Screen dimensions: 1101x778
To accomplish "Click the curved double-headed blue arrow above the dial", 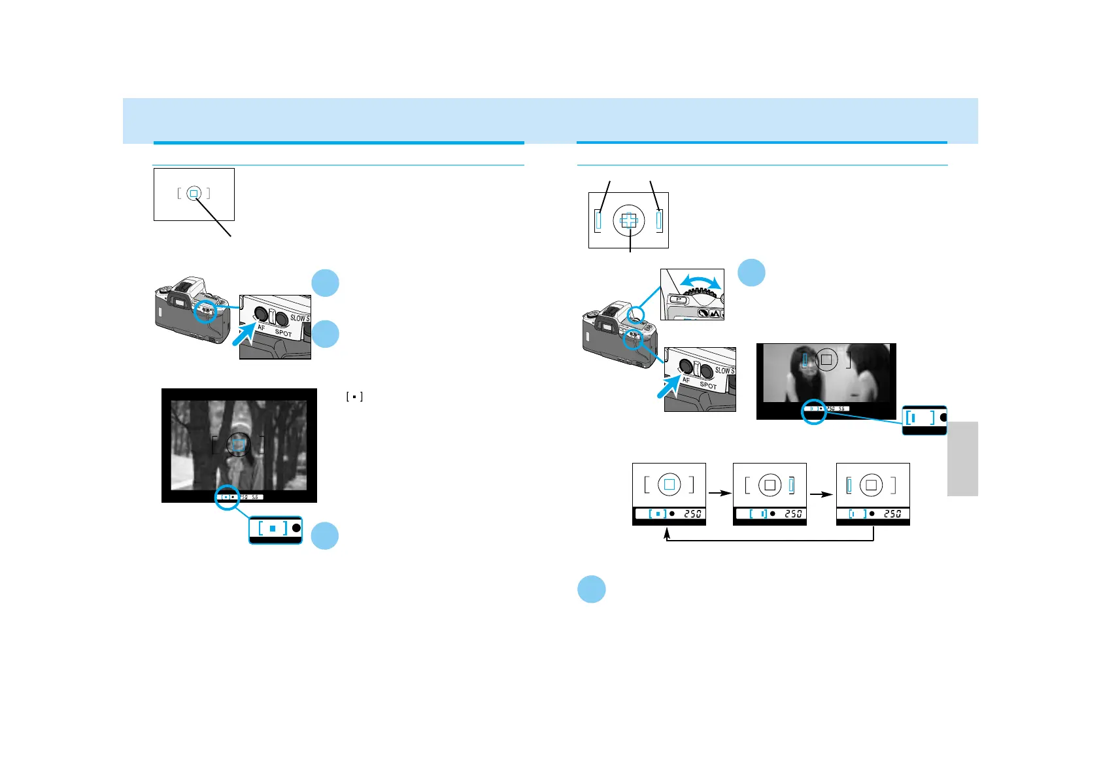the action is point(700,280).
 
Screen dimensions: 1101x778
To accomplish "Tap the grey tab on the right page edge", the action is point(962,458).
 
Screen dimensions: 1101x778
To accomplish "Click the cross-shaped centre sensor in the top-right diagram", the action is point(628,221).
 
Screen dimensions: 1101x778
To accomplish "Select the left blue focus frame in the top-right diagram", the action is point(598,221).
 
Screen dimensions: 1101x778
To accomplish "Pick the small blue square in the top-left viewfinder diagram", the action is point(194,194).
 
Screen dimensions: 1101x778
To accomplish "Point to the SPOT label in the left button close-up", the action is point(283,333).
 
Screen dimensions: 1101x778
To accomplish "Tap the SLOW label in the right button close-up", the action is point(722,370).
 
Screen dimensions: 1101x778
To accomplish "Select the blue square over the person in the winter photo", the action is point(239,445).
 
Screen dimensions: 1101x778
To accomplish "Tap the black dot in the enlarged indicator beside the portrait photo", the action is point(943,417).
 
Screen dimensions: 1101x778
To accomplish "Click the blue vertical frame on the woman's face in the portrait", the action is point(805,358).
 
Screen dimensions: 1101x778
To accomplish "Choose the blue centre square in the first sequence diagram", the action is point(669,484).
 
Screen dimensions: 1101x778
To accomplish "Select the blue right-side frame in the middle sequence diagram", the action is point(791,485).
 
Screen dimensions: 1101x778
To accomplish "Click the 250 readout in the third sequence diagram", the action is point(892,514).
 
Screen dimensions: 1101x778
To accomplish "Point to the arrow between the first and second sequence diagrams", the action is point(719,494).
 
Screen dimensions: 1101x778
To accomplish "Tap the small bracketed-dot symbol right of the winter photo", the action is point(354,397).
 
